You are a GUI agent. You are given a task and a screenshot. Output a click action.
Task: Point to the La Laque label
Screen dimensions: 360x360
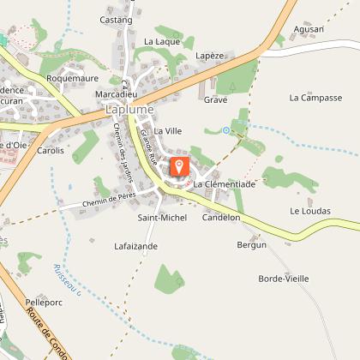(161, 41)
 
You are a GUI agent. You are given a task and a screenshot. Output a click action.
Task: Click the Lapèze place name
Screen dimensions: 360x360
(209, 56)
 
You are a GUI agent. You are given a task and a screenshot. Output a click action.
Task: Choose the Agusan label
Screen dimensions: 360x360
(309, 29)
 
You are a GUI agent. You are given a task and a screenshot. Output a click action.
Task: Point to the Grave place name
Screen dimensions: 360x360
(215, 99)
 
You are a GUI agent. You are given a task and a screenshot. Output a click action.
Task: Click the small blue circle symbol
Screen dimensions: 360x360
(225, 130)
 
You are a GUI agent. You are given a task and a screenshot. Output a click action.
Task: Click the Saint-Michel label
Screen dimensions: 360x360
(162, 218)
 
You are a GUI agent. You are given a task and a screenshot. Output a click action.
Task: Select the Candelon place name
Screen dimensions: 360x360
(220, 218)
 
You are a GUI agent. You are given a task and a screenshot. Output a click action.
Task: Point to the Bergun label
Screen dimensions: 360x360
(252, 245)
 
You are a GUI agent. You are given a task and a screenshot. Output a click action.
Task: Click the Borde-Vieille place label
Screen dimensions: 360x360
(284, 279)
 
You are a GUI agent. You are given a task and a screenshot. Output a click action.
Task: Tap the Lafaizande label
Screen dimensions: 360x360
(136, 246)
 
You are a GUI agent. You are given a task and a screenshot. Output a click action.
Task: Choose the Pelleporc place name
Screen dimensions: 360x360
(45, 303)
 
